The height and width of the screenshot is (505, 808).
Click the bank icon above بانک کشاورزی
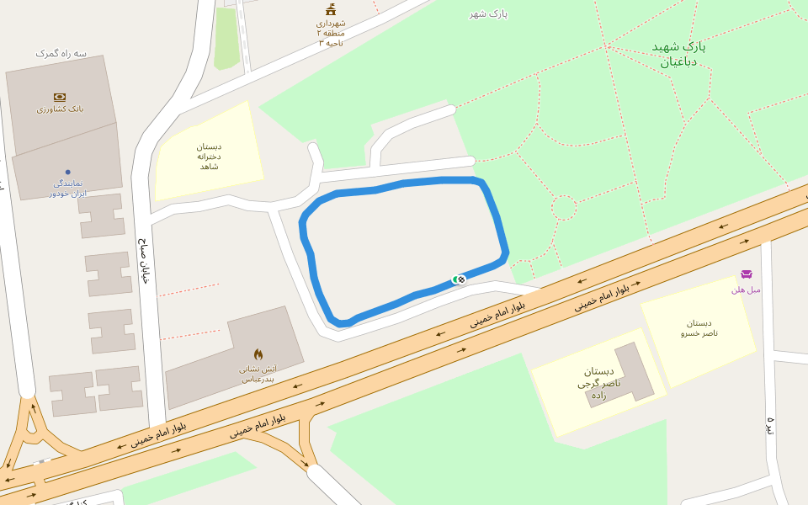(60, 97)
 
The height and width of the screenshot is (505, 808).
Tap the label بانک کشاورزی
(60, 109)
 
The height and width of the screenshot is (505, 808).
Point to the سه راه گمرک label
(61, 53)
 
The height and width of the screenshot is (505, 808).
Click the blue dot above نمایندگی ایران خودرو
(68, 172)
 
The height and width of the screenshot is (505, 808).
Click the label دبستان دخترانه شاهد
(209, 157)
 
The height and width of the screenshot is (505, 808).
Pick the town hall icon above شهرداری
(331, 10)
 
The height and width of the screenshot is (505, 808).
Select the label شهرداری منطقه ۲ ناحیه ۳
(331, 33)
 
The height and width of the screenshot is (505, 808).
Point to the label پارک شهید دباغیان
(678, 53)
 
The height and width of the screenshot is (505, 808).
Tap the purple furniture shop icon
(746, 274)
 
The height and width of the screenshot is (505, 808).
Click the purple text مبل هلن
(746, 290)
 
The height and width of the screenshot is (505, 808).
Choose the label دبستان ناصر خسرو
(699, 328)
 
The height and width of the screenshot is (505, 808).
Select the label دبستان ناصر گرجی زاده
(598, 383)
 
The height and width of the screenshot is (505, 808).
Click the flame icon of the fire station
(258, 354)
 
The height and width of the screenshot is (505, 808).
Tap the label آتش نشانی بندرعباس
(258, 374)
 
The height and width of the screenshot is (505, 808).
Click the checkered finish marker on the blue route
(461, 279)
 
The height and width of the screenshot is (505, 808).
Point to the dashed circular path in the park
(564, 208)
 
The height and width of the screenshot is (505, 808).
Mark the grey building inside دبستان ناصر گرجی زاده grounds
(627, 375)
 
